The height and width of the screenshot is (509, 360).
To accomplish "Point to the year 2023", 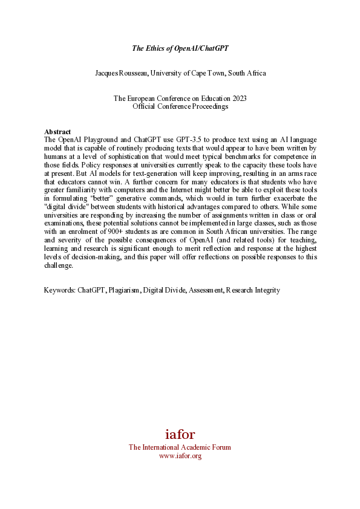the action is coord(239,99).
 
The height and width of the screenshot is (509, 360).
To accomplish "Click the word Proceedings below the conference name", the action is coord(210,106).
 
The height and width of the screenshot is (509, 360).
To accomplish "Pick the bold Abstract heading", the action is coord(57,132).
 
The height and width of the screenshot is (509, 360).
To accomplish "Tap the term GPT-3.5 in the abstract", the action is coord(170,140).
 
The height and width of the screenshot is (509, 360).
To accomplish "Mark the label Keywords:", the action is coord(60,290).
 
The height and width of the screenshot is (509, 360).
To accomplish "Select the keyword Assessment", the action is coord(206,290).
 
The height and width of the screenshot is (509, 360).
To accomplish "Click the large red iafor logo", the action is coord(180,434).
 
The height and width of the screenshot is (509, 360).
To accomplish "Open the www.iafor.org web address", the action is coord(180,456).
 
